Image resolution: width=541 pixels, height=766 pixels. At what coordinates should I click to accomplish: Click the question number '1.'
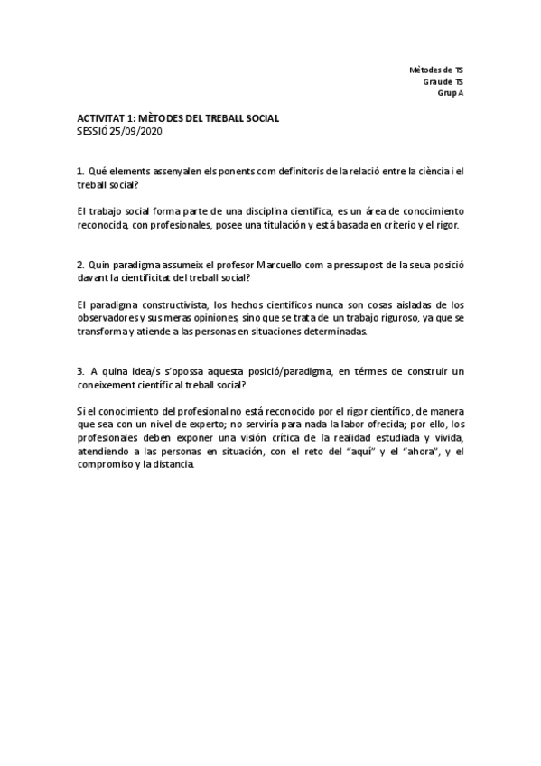[80, 171]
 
